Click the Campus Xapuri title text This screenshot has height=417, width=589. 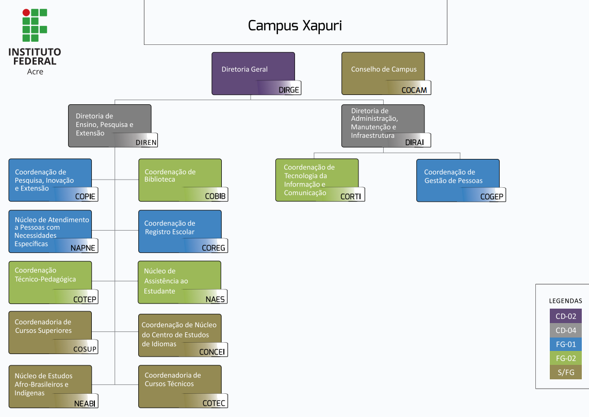[295, 26]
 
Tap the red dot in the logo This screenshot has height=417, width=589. [26, 12]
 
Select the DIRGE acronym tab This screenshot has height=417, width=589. [289, 90]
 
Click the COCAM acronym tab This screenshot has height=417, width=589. [414, 90]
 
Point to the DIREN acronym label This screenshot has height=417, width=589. [146, 142]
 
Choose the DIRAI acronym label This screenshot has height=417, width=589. [414, 142]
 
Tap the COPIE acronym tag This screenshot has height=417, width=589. [86, 197]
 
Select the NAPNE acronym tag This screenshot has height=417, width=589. [83, 248]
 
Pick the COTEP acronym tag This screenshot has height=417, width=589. [85, 299]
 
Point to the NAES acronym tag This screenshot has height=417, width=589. [215, 299]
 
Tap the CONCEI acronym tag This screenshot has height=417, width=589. [212, 352]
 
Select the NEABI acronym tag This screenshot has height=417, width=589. [85, 403]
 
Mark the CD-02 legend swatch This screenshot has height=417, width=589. [565, 316]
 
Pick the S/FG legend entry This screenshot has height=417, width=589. [565, 372]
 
